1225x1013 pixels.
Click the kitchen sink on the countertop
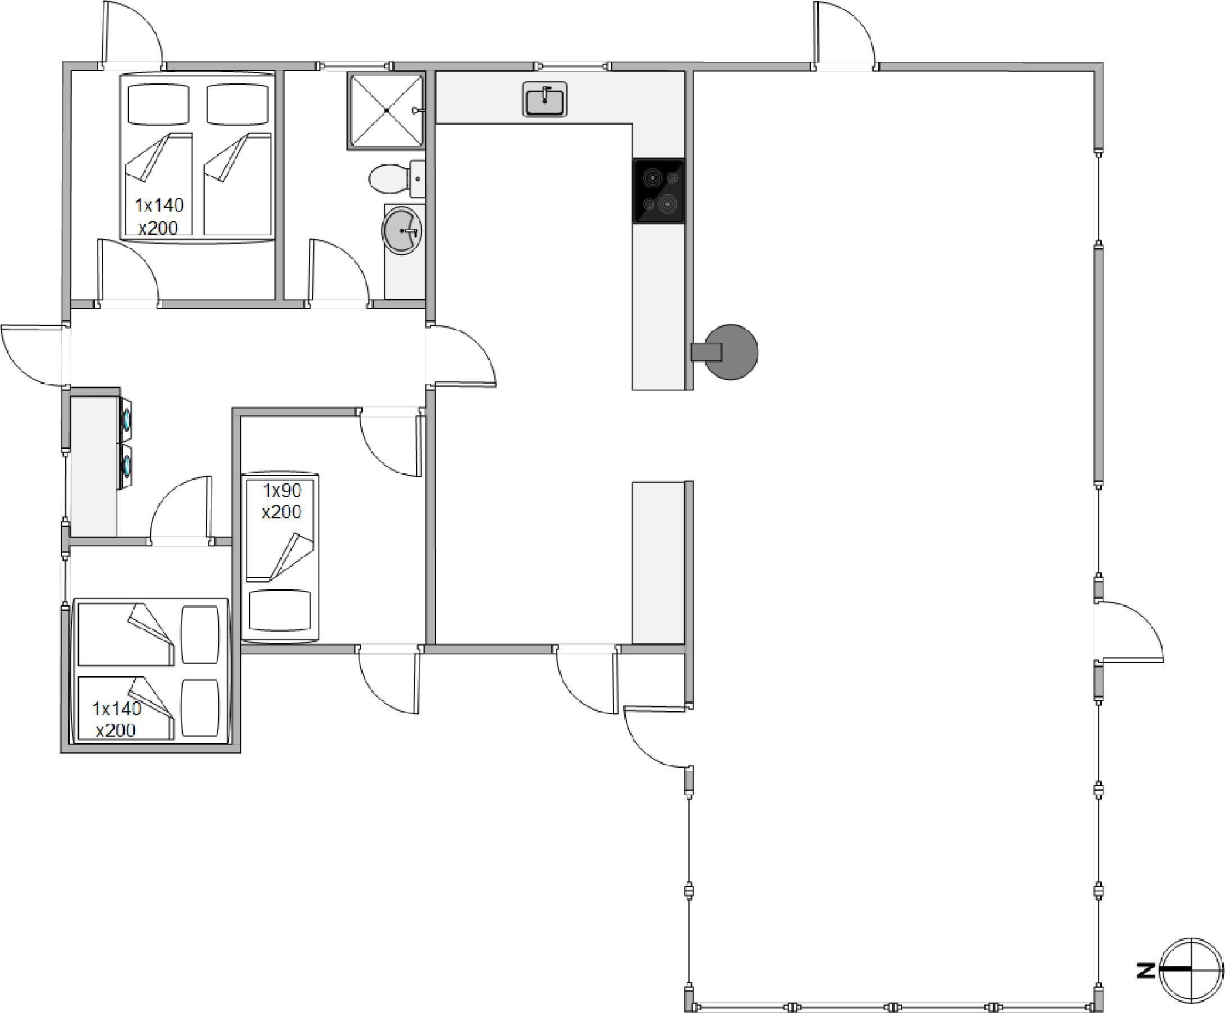[x=544, y=99]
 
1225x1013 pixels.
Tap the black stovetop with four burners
[x=658, y=191]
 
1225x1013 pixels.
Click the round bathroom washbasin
[x=401, y=231]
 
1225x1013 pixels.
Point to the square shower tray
[x=386, y=111]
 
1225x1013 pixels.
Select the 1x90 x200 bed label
[x=281, y=501]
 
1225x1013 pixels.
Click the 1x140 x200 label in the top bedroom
[x=158, y=216]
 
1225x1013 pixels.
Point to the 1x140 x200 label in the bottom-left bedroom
[x=116, y=719]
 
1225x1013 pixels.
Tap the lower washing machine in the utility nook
[x=125, y=465]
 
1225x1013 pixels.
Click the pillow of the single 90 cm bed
[x=280, y=610]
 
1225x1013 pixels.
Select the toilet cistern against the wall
[x=417, y=178]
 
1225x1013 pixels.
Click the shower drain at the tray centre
[x=386, y=111]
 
